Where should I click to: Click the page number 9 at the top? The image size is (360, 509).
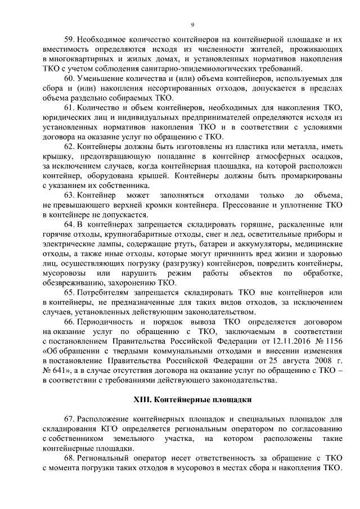[x=192, y=25]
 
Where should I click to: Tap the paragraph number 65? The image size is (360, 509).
[x=70, y=292]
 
